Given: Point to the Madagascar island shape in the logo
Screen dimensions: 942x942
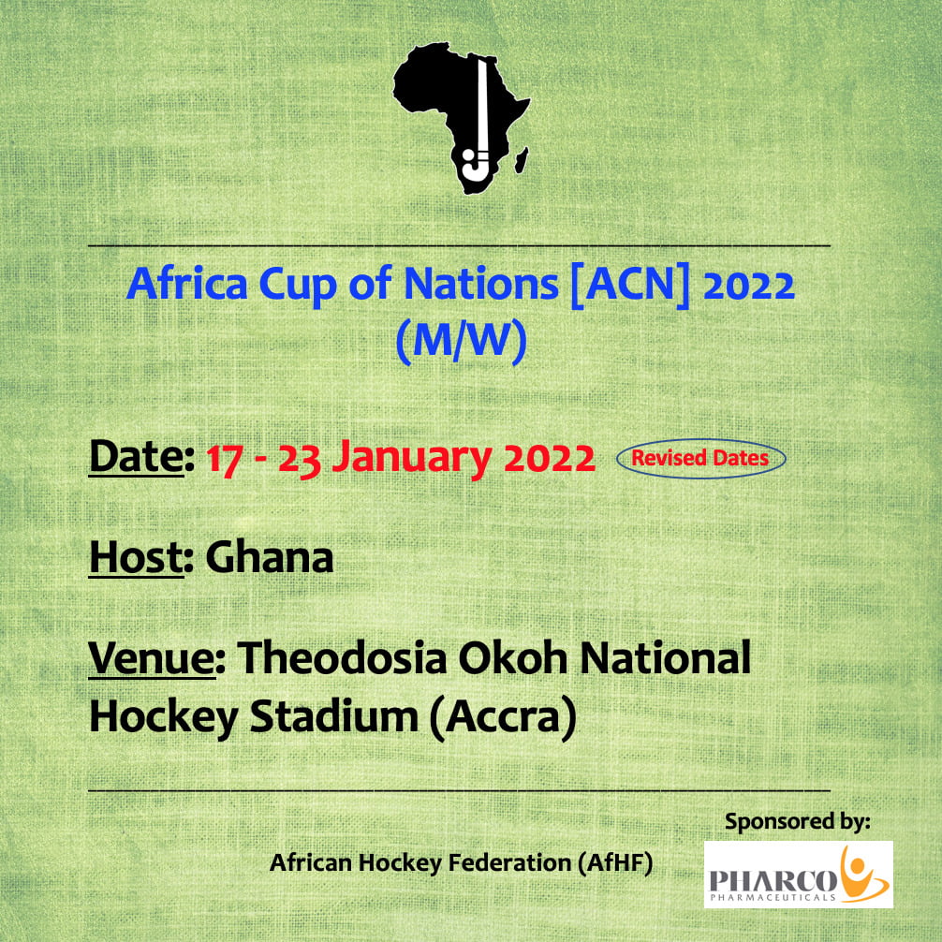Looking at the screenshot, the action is (523, 160).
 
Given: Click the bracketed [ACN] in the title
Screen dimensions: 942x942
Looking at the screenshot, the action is (629, 285).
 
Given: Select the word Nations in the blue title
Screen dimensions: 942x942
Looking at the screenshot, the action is (481, 284).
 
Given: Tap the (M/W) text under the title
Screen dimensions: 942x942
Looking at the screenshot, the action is (461, 341).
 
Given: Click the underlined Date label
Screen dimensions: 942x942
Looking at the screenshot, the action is (137, 457).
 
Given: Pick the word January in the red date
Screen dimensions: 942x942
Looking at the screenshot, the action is (412, 458).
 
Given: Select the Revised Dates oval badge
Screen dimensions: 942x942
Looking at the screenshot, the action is (700, 459).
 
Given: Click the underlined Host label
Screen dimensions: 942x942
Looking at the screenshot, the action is (137, 557).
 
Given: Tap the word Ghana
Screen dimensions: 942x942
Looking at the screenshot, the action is (270, 557).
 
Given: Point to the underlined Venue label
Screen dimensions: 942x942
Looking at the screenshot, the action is (152, 658).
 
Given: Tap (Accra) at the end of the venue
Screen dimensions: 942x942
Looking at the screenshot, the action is (503, 717).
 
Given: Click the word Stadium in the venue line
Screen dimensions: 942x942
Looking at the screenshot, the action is (334, 716).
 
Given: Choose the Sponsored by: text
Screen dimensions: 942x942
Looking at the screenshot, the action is (797, 821).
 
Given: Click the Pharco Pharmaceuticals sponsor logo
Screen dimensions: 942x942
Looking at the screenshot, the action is (799, 875).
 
